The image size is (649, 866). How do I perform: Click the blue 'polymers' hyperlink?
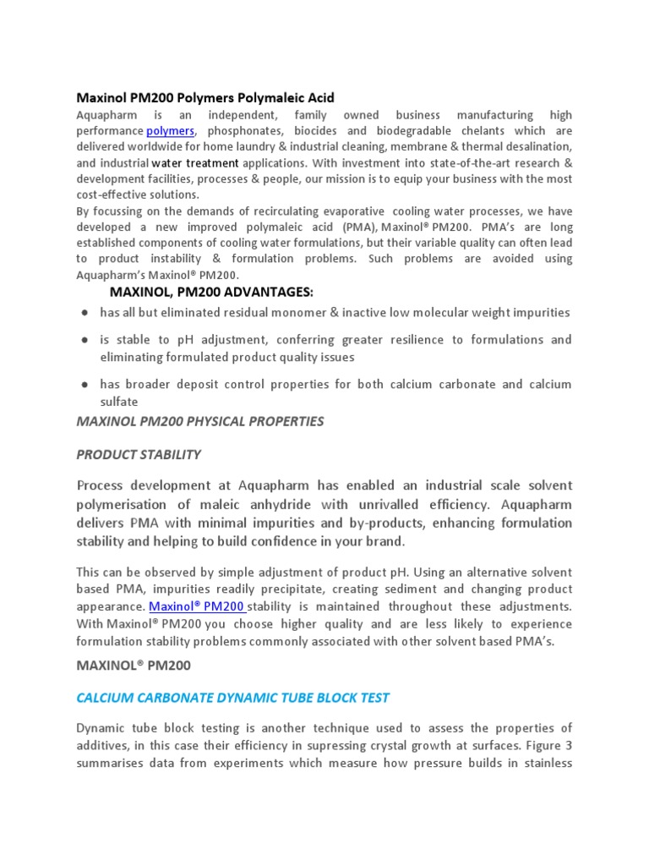coord(170,131)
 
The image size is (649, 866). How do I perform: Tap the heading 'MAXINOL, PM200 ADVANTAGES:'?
coord(211,292)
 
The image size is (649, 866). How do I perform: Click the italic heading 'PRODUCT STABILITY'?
coord(139,454)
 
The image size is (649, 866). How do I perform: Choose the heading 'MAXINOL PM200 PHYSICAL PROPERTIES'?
coord(199,421)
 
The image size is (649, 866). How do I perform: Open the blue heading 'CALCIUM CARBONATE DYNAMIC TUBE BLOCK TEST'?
coord(232,698)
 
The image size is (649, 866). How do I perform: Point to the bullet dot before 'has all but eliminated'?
coord(85,313)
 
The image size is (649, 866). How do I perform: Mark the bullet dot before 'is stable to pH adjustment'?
coord(85,340)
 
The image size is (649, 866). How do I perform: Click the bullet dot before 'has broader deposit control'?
coord(85,385)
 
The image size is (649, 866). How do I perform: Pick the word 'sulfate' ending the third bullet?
coord(118,403)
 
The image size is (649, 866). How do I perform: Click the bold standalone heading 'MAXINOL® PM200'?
coord(134,666)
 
